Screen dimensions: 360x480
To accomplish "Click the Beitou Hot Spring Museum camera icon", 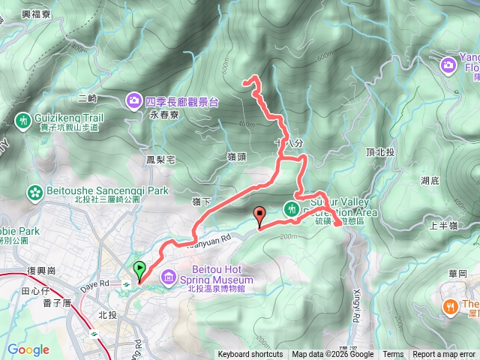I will (168, 278).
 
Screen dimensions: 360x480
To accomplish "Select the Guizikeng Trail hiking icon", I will (23, 120).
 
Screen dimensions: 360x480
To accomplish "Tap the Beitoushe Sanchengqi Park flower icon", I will (34, 192).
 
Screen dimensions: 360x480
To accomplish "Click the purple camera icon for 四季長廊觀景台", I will (133, 100).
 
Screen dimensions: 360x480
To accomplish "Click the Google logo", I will (28, 349).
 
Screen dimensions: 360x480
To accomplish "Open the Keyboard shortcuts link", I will (250, 355).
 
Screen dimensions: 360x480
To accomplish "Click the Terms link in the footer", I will (393, 355).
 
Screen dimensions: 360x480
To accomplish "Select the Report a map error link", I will (444, 355).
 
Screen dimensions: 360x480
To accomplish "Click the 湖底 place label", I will (430, 181).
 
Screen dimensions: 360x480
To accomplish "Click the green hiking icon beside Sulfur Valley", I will (291, 208).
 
